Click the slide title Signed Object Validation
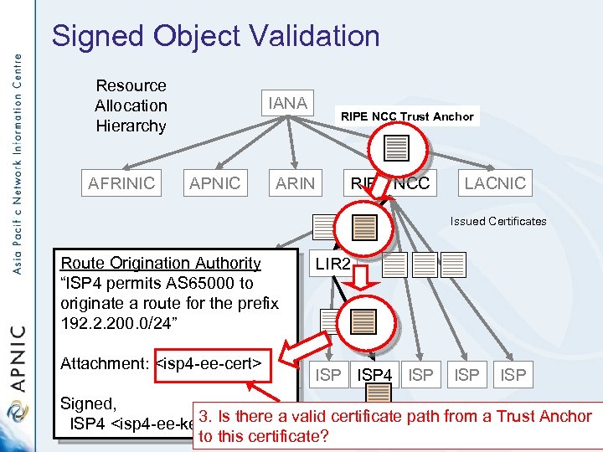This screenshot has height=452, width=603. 215,36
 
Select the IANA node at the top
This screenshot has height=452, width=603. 287,103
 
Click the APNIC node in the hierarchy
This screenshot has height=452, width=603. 214,183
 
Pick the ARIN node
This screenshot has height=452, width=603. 296,183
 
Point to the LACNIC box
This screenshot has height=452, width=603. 495,183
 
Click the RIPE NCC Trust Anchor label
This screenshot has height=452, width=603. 407,116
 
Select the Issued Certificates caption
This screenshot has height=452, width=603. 497,221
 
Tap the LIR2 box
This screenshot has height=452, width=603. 332,265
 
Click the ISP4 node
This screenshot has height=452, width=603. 374,376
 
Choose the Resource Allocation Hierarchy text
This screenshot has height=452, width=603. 131,105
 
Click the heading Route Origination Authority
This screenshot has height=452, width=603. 161,263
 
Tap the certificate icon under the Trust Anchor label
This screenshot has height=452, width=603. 396,147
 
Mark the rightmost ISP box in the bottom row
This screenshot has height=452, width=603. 513,376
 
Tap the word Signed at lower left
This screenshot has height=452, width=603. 88,403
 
